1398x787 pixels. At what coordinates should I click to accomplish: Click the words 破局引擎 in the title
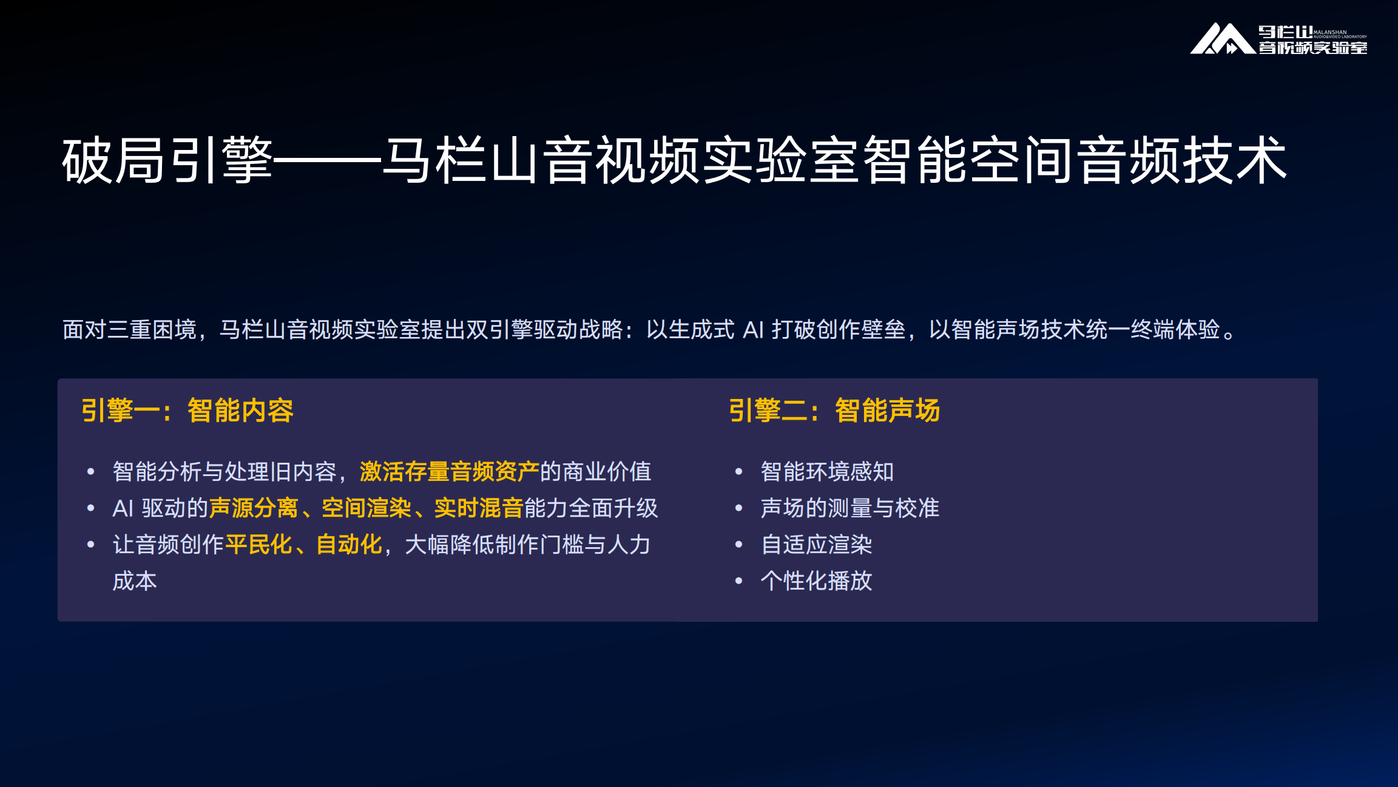[x=167, y=160]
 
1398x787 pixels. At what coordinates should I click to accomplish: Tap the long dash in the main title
[x=328, y=162]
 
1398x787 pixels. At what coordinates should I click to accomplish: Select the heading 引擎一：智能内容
[x=187, y=411]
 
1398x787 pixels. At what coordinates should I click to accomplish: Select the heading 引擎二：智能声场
[x=834, y=411]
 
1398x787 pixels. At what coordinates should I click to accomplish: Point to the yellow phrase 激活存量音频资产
[x=449, y=472]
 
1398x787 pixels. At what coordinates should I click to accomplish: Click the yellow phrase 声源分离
[x=254, y=508]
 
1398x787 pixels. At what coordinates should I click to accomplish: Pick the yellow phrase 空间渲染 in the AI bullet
[x=366, y=508]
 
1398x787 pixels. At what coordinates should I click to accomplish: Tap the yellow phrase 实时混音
[x=479, y=508]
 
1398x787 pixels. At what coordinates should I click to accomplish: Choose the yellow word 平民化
[x=259, y=545]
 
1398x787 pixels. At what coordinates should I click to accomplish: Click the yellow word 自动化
[x=349, y=545]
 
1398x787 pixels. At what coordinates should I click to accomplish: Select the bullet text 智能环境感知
[x=827, y=472]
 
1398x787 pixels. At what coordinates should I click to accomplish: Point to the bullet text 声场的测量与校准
[x=849, y=508]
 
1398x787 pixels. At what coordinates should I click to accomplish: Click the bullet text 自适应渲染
[x=816, y=545]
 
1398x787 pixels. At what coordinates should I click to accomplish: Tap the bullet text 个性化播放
[x=816, y=581]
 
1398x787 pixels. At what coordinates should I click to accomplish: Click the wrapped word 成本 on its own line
[x=135, y=581]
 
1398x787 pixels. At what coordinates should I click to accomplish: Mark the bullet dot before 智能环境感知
[x=738, y=472]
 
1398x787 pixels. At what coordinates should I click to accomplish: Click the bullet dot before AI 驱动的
[x=91, y=508]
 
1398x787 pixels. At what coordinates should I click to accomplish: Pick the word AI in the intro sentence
[x=753, y=330]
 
